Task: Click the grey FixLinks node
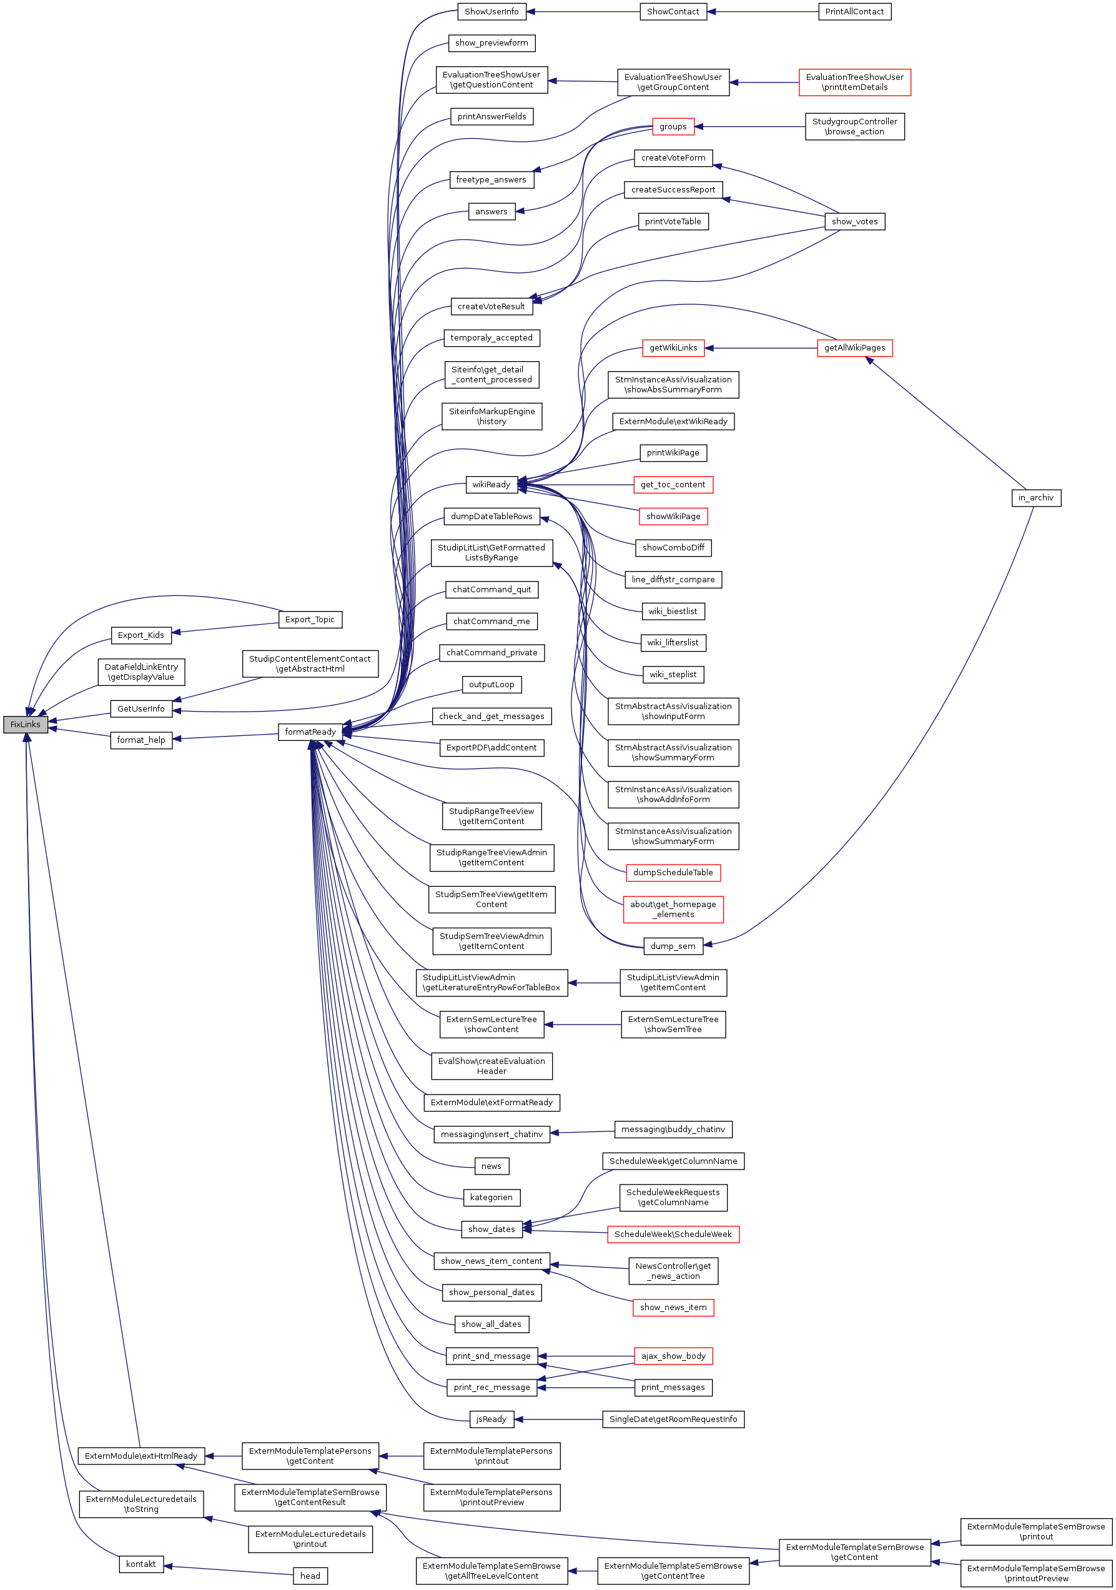[x=26, y=724]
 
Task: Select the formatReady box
[x=310, y=732]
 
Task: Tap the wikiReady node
[x=491, y=485]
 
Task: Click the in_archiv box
[x=1035, y=498]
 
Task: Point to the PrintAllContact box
[x=854, y=12]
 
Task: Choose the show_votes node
[x=854, y=222]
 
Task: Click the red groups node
[x=673, y=127]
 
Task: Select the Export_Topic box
[x=310, y=620]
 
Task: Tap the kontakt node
[x=141, y=1564]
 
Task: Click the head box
[x=310, y=1576]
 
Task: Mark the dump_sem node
[x=673, y=946]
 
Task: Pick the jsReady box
[x=491, y=1419]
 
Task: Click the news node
[x=491, y=1166]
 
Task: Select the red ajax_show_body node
[x=673, y=1356]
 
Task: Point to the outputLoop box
[x=491, y=685]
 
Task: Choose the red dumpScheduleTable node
[x=673, y=873]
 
